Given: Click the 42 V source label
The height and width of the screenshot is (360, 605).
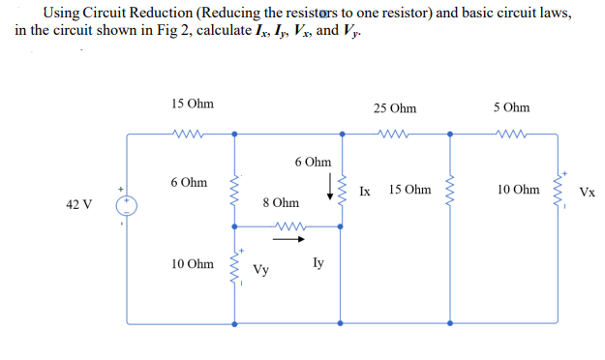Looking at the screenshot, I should point(80,205).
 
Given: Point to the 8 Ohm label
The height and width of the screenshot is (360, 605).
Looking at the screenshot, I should point(281,204).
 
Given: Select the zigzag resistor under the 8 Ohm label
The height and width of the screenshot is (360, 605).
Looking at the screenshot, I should point(287,228).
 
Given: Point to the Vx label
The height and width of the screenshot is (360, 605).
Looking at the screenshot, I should point(587,192).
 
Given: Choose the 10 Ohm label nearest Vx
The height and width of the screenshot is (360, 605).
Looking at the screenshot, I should point(519,190).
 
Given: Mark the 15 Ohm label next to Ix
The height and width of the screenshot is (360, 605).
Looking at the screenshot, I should point(409,190).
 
